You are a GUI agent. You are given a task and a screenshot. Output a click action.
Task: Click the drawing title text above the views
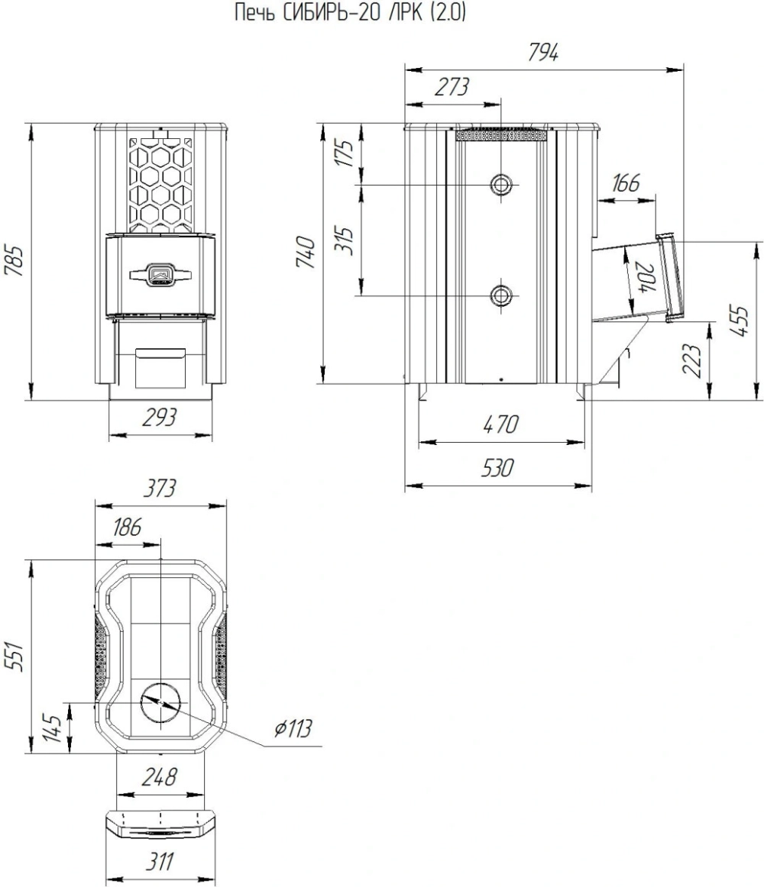point(350,12)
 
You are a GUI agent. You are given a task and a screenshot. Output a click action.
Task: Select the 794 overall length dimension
point(542,53)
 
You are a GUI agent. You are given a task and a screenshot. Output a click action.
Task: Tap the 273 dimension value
point(452,87)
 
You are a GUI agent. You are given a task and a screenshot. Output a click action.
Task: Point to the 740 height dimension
point(308,253)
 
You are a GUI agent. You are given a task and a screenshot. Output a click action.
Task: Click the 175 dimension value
point(348,151)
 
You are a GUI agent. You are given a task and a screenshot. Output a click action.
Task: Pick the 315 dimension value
point(348,241)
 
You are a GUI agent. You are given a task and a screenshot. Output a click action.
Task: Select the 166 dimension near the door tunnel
point(625,182)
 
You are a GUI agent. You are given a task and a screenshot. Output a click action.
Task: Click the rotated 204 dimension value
point(645,277)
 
